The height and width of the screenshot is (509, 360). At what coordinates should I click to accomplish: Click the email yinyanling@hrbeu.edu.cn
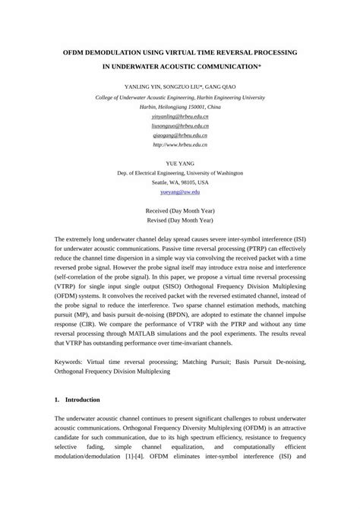click(x=180, y=117)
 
